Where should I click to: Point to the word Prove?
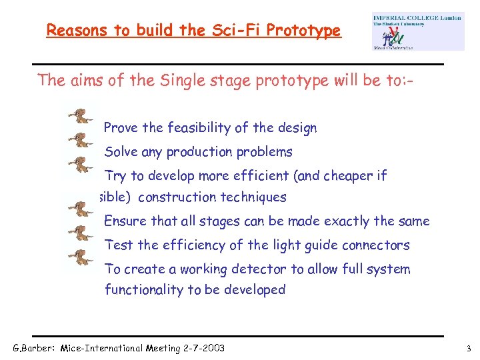pos(121,128)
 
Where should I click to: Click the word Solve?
pos(121,152)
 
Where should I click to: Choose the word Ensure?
pos(124,221)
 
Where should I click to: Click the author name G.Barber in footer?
pos(35,348)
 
